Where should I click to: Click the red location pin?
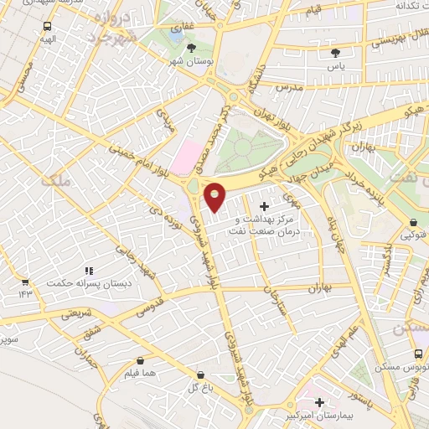(x=215, y=196)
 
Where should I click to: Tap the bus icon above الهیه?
(x=47, y=26)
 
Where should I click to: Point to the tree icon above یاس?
(x=335, y=53)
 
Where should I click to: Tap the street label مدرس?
(x=287, y=87)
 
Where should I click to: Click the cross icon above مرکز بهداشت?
(x=265, y=206)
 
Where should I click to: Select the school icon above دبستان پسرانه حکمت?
(x=87, y=270)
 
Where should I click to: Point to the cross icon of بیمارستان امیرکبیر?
(x=319, y=402)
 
